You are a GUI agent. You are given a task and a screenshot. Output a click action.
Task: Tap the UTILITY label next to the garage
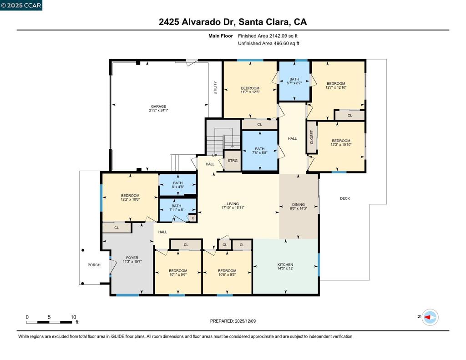pos(215,87)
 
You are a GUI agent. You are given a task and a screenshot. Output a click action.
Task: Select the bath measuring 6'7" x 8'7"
pos(294,81)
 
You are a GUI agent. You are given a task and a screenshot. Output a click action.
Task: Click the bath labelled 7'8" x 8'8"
pos(259,151)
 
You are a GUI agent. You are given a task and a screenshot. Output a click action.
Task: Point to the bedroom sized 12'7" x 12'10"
pos(336,85)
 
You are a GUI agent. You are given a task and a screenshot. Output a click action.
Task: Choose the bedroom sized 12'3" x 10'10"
pos(340,142)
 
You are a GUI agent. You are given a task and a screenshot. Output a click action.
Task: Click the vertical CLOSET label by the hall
pos(312,137)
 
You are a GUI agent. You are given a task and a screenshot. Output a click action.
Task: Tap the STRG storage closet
pos(233,161)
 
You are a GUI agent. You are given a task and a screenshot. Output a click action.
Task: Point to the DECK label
pos(345,198)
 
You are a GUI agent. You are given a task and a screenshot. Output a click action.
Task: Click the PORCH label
pos(94,265)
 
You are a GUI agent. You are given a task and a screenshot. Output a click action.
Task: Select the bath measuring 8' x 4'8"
pos(177,185)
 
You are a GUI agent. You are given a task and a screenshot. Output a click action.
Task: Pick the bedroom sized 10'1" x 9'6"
pos(178,273)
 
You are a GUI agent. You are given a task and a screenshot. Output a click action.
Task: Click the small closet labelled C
pos(193,218)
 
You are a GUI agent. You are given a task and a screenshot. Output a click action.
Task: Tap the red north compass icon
pos(430,317)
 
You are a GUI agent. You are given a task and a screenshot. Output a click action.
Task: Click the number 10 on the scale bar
pos(73,317)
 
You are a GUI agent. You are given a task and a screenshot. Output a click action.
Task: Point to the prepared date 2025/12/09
pos(233,321)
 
